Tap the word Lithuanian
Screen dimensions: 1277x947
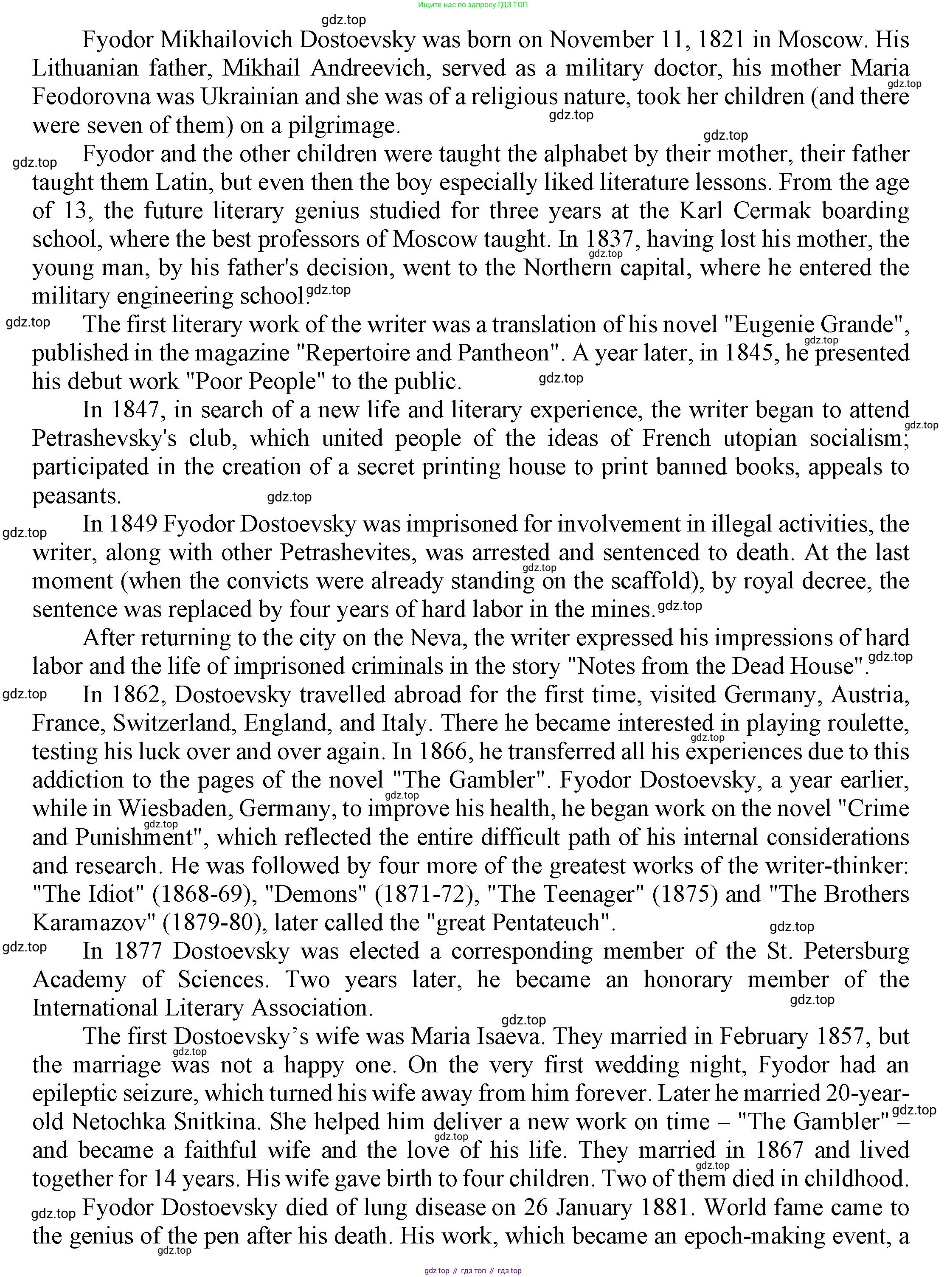[x=85, y=69]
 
